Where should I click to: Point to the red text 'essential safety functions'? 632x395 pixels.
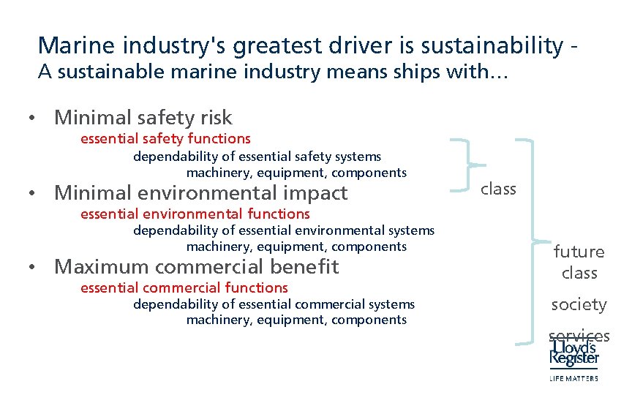(165, 138)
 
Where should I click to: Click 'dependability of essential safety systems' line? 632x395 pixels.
(257, 156)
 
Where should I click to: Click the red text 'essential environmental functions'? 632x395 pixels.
(195, 214)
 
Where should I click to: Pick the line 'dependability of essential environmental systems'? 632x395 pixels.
(284, 230)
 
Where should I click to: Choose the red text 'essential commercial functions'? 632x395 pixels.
(184, 287)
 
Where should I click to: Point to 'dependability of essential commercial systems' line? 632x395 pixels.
(274, 304)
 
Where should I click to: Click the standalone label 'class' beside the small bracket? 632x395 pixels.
(498, 189)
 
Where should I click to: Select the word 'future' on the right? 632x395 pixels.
(579, 252)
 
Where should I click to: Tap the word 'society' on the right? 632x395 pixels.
(579, 304)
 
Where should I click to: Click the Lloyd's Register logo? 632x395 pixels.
(575, 353)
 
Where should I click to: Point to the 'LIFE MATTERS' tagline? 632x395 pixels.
(573, 378)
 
